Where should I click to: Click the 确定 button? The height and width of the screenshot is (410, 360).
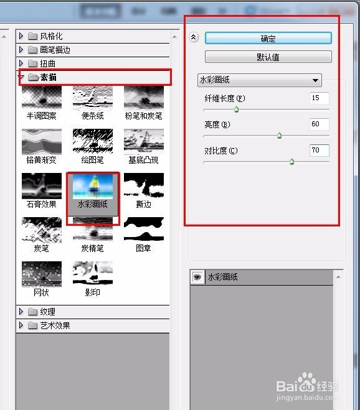(268, 38)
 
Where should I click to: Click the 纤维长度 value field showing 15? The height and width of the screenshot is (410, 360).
(319, 98)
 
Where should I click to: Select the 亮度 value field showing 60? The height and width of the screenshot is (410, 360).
(319, 124)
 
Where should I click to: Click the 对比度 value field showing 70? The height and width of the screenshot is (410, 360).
(319, 150)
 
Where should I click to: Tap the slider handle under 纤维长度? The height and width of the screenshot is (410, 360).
(236, 109)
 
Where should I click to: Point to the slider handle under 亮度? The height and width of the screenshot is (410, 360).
(279, 135)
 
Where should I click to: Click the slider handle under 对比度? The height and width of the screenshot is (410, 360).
(291, 162)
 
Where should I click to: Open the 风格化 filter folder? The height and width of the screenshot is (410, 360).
(50, 36)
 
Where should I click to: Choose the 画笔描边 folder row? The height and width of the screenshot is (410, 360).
(55, 50)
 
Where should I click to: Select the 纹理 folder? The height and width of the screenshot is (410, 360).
(47, 312)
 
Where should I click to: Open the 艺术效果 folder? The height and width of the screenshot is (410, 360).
(55, 325)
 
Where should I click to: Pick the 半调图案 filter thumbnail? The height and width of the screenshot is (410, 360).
(42, 98)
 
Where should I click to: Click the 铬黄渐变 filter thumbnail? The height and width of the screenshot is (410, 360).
(42, 142)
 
